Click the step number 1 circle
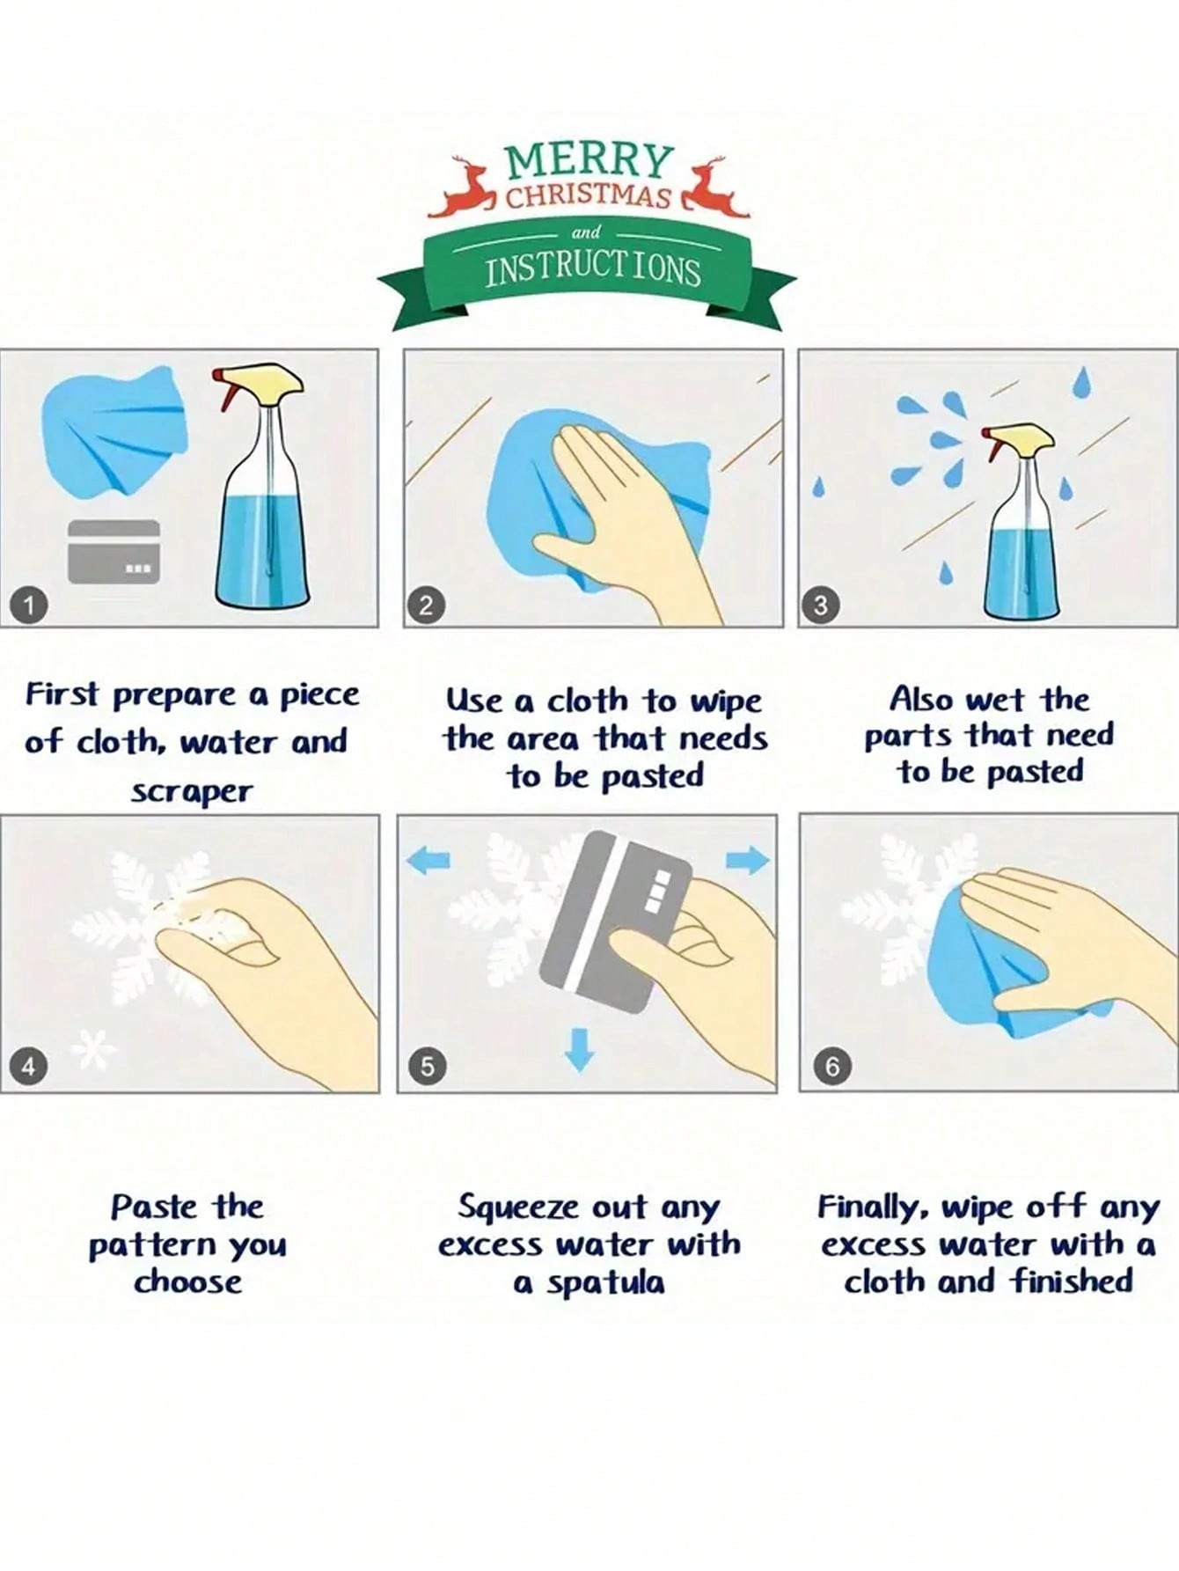tap(29, 606)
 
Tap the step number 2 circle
tap(427, 606)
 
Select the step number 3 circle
tap(821, 606)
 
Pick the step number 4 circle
tap(29, 1067)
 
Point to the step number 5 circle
tap(427, 1067)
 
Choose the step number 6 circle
tap(831, 1067)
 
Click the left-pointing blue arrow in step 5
tap(430, 860)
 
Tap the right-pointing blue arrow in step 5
tap(749, 860)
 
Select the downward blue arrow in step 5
tap(578, 1049)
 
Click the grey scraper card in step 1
tap(114, 551)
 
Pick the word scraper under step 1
tap(192, 792)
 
